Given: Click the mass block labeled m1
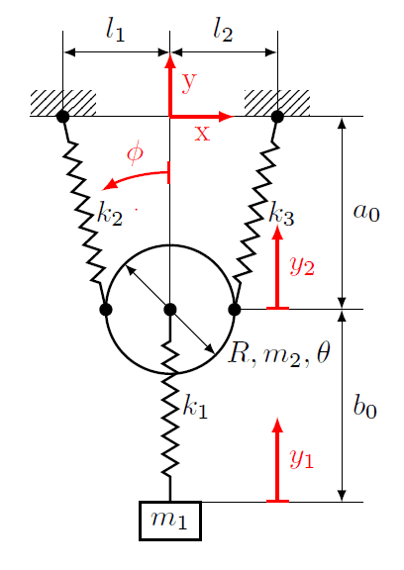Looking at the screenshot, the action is click(x=170, y=521).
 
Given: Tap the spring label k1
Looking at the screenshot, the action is click(x=195, y=407).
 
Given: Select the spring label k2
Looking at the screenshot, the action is click(x=110, y=214).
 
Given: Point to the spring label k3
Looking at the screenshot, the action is click(x=281, y=214).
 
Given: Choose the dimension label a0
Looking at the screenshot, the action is click(x=366, y=212).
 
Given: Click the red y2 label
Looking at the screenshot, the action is click(x=302, y=266).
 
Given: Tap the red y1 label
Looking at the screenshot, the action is click(x=301, y=459).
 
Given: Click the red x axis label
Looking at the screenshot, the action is click(x=202, y=134).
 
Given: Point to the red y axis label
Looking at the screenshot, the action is click(x=189, y=82).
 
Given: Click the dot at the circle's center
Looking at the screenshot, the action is click(x=170, y=310).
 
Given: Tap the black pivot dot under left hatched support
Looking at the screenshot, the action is click(x=63, y=117).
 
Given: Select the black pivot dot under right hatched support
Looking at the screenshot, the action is click(x=277, y=117).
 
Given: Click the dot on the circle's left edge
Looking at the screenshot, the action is click(x=106, y=310).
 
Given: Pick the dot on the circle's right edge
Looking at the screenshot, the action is click(x=235, y=310).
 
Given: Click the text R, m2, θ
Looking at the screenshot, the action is click(x=279, y=353).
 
